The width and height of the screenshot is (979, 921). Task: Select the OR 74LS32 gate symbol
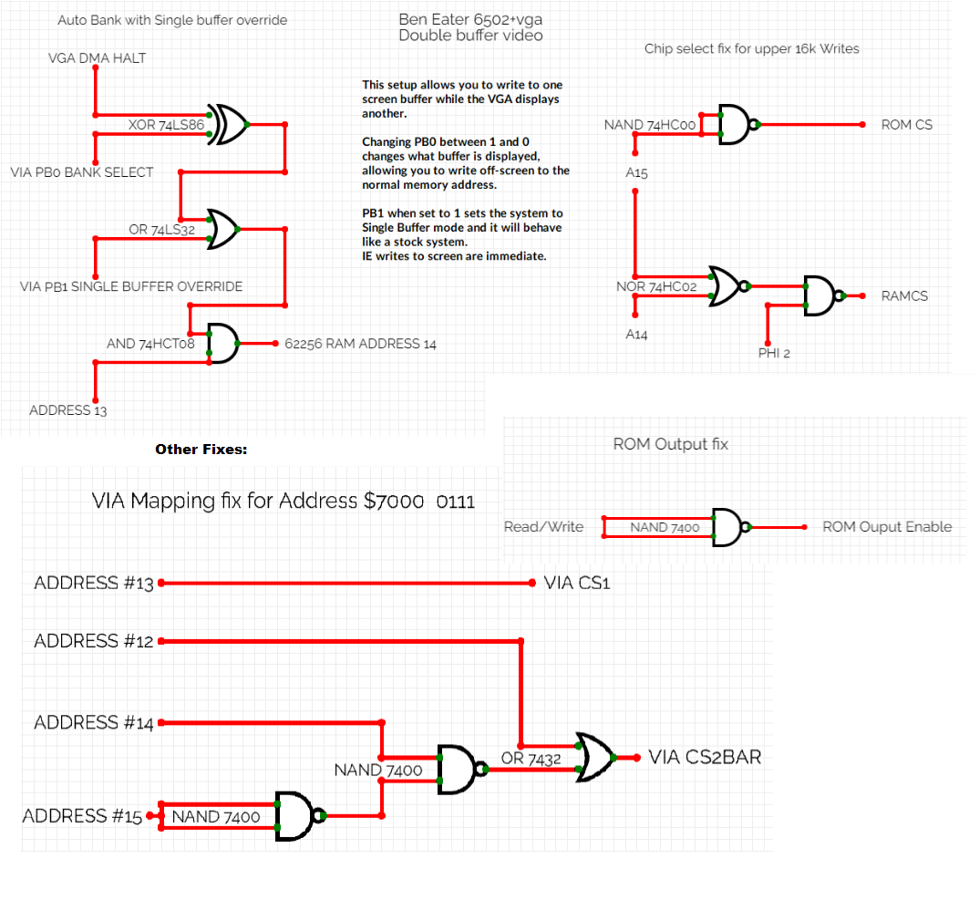(x=223, y=229)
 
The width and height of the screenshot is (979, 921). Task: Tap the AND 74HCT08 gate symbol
(x=222, y=343)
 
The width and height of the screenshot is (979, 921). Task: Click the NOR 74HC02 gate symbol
(x=728, y=286)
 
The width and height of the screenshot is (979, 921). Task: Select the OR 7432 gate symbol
(x=594, y=757)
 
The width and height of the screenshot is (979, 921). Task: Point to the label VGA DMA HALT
(x=97, y=58)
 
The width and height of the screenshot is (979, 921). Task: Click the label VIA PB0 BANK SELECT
(x=82, y=172)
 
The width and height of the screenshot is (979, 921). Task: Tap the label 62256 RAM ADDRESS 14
(x=361, y=344)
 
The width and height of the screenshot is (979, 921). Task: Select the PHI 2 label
(x=774, y=353)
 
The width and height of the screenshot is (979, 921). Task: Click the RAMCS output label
(x=904, y=295)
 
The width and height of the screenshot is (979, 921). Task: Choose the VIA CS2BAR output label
(x=705, y=757)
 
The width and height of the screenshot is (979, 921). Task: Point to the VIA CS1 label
(x=576, y=583)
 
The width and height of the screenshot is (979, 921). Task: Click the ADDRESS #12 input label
(x=93, y=641)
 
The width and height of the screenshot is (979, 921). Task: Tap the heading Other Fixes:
(x=201, y=450)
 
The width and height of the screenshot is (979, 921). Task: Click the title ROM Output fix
(x=671, y=444)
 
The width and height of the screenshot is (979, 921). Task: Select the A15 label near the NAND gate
(x=636, y=172)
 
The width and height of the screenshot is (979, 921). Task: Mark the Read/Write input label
(x=543, y=526)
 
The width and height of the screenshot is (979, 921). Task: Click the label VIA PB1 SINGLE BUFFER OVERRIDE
(x=131, y=286)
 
